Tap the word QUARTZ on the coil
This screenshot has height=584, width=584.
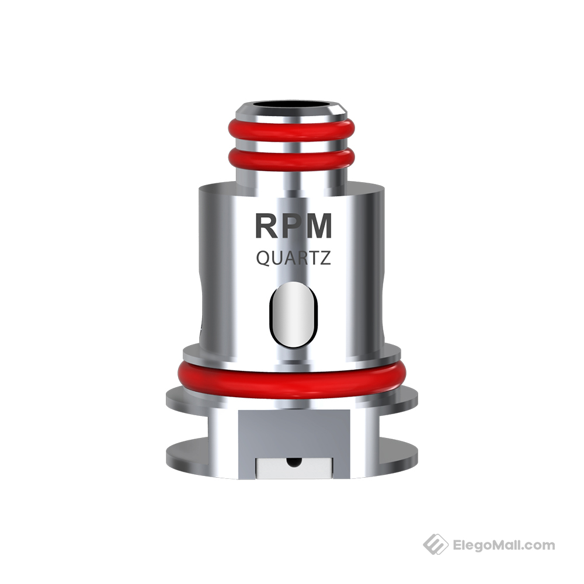click(x=293, y=258)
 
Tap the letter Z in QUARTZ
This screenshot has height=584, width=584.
click(x=325, y=258)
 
